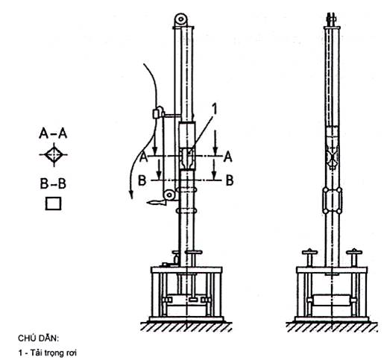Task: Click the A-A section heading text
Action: pos(53,133)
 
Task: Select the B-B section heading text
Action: pos(53,184)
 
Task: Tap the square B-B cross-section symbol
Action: pos(53,203)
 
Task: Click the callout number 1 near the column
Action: pos(214,110)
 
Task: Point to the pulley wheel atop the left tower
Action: pos(180,19)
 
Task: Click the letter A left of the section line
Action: pos(143,157)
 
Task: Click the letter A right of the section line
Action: pos(228,157)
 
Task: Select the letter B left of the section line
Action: pos(142,180)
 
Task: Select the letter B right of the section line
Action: pos(230,180)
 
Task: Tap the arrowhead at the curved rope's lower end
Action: pos(130,195)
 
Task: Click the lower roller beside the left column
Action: pos(169,195)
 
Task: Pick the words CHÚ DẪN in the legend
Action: pos(39,338)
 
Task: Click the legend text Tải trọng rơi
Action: pos(54,353)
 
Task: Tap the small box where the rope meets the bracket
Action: pos(157,113)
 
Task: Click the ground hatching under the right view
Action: pos(332,327)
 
